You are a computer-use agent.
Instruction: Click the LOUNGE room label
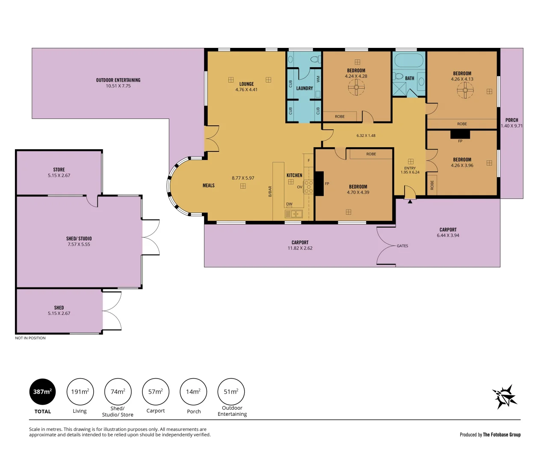pos(246,84)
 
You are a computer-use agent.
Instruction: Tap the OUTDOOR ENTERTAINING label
pos(118,80)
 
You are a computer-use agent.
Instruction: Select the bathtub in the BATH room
pos(409,60)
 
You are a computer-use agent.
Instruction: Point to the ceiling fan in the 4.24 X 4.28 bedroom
pos(356,88)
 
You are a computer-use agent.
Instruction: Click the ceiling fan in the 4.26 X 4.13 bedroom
pos(465,90)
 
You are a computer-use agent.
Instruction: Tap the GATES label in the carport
pos(402,246)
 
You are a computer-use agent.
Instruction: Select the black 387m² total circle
pos(42,391)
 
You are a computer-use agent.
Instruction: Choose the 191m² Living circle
pos(80,391)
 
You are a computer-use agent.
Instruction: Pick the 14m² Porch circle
pos(193,391)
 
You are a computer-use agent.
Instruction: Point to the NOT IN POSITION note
pos(30,338)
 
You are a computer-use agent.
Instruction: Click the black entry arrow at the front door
pos(410,201)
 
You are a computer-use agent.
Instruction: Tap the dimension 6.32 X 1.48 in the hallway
pos(366,136)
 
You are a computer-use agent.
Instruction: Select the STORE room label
pos(59,170)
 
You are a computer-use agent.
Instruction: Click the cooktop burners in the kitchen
pos(308,187)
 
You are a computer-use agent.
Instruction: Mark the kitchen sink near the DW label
pos(294,214)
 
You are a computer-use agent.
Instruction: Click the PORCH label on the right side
pos(511,120)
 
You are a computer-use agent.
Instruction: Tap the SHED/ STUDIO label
pos(79,239)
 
